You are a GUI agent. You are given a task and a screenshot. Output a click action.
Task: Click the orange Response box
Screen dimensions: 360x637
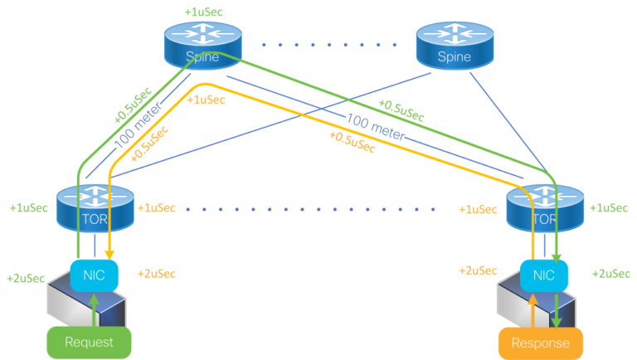tap(540, 342)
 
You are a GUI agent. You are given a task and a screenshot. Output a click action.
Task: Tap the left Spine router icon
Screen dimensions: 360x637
tap(202, 46)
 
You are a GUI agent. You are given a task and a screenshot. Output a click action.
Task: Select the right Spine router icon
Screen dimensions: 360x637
tap(455, 46)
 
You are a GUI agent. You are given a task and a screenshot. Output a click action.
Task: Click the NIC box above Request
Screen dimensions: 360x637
tap(94, 275)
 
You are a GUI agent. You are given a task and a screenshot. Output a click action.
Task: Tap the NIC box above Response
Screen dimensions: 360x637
tap(543, 275)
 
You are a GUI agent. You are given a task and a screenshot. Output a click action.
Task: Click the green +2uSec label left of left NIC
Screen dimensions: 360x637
tap(26, 278)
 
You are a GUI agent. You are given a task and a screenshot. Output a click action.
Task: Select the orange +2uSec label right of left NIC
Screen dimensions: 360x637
tap(157, 274)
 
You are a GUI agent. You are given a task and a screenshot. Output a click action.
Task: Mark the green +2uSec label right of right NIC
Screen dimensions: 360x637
tap(610, 274)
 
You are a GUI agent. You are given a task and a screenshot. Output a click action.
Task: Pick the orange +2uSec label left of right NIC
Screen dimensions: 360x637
tap(478, 270)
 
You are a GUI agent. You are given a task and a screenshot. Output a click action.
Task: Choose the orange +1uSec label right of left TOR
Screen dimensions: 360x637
tap(157, 207)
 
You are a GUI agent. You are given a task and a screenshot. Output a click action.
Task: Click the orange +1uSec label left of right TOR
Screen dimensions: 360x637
tap(478, 209)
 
